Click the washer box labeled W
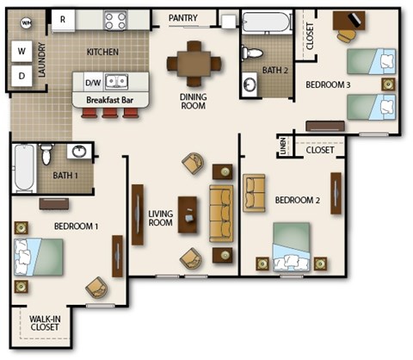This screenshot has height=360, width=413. pos(22,51)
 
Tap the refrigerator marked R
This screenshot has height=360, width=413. pos(63,18)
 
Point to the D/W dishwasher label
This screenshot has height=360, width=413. pos(92,83)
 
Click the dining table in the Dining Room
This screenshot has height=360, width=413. pos(193,61)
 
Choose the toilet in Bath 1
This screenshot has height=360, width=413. pos(46,154)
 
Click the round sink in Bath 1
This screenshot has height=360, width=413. pos(80,152)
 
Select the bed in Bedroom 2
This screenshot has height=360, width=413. pos(292,248)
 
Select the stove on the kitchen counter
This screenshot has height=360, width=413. pos(115,18)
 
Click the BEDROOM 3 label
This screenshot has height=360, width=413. pos(328,84)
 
